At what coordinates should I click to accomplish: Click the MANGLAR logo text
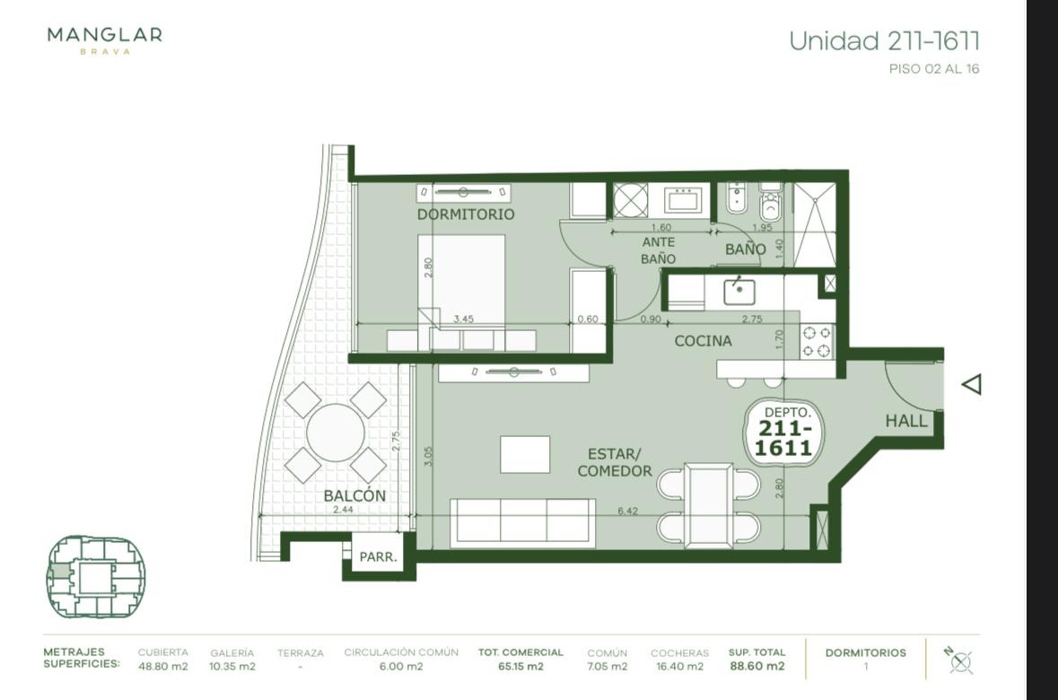click(x=105, y=34)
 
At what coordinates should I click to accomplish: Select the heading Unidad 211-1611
click(x=884, y=41)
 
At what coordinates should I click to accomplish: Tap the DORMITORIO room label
click(x=466, y=214)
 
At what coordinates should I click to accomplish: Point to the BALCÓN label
click(x=354, y=495)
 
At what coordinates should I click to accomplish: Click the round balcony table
click(x=336, y=433)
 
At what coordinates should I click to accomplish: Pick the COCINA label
click(x=703, y=341)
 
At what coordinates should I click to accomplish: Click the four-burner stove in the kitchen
click(x=817, y=342)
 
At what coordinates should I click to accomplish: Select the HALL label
click(x=906, y=421)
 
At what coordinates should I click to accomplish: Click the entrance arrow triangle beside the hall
click(x=973, y=385)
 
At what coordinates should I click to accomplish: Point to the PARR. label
click(x=378, y=557)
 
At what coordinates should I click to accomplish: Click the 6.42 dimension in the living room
click(x=627, y=511)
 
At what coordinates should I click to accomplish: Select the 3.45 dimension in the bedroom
click(x=464, y=319)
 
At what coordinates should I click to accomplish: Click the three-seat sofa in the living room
click(x=522, y=522)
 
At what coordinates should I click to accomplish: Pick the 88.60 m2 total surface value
click(x=757, y=666)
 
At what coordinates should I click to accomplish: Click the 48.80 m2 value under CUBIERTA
click(x=162, y=666)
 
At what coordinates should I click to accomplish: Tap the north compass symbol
click(x=958, y=661)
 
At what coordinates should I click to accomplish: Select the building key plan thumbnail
click(x=96, y=576)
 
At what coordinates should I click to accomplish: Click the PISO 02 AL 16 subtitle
click(x=934, y=69)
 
